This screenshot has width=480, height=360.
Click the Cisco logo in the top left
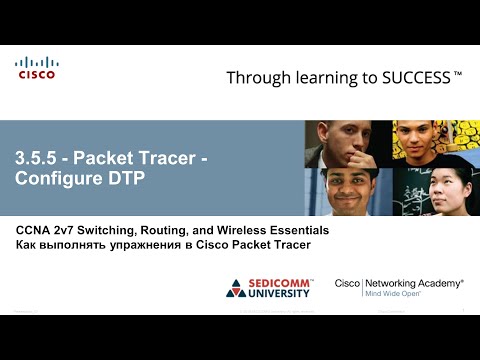click(36, 68)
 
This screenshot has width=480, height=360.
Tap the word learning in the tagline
click(322, 77)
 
